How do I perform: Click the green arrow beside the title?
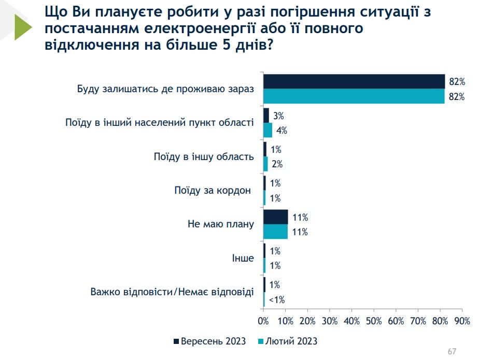[x=23, y=27]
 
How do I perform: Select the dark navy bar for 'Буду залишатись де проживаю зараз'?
[x=354, y=82]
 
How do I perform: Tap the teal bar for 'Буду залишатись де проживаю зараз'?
[x=354, y=96]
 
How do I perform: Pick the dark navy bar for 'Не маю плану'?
[x=275, y=217]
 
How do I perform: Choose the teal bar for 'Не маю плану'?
[x=275, y=232]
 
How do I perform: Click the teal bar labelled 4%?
[x=268, y=130]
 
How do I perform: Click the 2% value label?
[x=276, y=164]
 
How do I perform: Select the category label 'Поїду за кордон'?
[x=213, y=191]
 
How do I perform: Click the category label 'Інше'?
[x=243, y=258]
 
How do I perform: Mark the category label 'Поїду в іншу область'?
[x=204, y=157]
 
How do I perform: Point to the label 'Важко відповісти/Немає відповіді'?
[x=172, y=292]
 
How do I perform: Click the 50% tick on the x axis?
[x=374, y=321]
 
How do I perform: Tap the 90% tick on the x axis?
[x=462, y=321]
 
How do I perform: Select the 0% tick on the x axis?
[x=263, y=321]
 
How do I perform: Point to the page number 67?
[x=452, y=352]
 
